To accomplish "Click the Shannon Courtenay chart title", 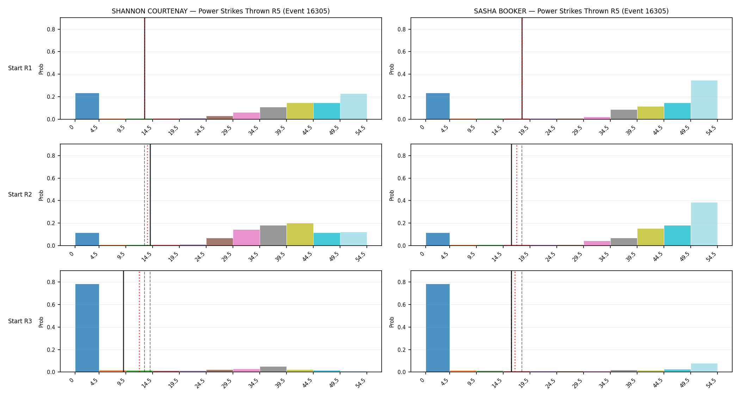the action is [x=221, y=11].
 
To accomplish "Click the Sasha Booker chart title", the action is [x=571, y=11].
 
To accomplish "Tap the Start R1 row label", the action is [x=20, y=68].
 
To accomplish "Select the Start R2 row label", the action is [x=20, y=194].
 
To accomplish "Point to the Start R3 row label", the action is [x=20, y=321].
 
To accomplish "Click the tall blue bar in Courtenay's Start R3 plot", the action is [x=87, y=328].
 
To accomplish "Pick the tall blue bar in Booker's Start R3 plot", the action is [x=438, y=328].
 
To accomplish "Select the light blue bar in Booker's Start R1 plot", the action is [x=704, y=100].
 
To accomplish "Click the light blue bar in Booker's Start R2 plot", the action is [x=704, y=224].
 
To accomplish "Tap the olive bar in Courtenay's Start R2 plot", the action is [x=300, y=234].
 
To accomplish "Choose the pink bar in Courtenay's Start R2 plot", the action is [x=246, y=237].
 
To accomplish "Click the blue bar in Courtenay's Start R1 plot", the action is [x=87, y=106].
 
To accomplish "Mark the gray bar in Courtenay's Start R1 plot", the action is [x=273, y=113].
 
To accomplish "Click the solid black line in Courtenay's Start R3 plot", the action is [x=123, y=321].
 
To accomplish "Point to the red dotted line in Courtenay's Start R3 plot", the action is [x=139, y=321].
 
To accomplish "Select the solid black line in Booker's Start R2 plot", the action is [x=511, y=195].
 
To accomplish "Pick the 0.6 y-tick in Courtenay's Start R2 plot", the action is [x=52, y=178].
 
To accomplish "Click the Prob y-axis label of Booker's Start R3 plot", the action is [x=392, y=321].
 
